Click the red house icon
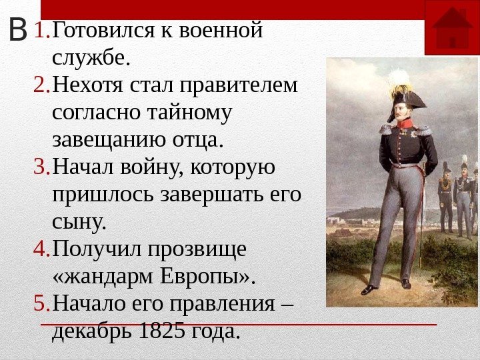pos(451,27)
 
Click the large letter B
pos(19,31)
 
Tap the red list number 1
pos(41,30)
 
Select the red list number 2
pos(41,85)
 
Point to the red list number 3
pos(41,167)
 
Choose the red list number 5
pos(41,304)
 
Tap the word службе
pos(90,58)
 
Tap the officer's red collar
pos(404,123)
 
